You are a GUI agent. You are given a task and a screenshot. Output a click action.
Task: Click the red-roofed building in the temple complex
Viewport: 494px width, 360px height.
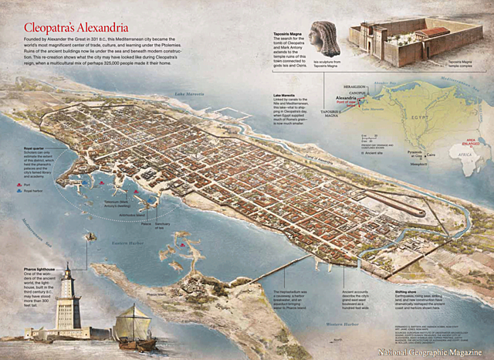(x=432, y=32)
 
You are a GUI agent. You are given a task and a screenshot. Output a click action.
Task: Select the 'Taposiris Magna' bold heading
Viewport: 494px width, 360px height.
(x=285, y=25)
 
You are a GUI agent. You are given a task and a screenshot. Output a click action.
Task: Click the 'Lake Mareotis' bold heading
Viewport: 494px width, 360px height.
(x=285, y=96)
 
